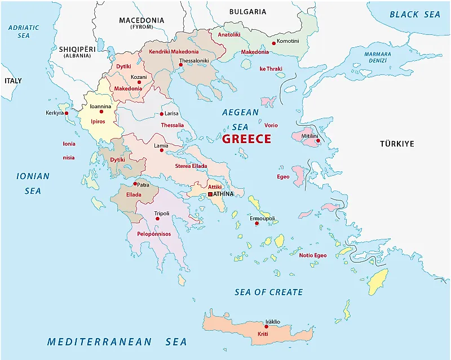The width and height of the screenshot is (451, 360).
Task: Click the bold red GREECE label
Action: pos(246,139)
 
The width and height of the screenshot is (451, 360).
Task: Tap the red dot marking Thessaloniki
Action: pos(181,65)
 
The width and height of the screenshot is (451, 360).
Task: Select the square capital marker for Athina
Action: pos(210,194)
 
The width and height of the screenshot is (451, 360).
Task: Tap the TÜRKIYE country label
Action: pos(396,144)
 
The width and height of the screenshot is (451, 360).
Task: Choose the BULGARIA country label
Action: pos(247,11)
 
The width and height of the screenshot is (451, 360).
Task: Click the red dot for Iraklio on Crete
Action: pos(266,326)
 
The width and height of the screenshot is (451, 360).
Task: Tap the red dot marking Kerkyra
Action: pos(67,113)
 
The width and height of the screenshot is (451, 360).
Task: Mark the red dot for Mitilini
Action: pos(317,141)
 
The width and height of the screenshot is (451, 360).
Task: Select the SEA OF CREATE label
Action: pos(268,292)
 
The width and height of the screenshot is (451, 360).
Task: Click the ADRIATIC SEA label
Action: pos(23,31)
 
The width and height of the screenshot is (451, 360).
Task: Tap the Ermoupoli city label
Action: pos(262,218)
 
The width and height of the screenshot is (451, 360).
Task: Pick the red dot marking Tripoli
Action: pos(157,219)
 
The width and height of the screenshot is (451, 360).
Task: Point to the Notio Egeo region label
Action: pos(312,255)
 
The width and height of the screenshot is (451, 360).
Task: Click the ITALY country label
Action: pos(13,81)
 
